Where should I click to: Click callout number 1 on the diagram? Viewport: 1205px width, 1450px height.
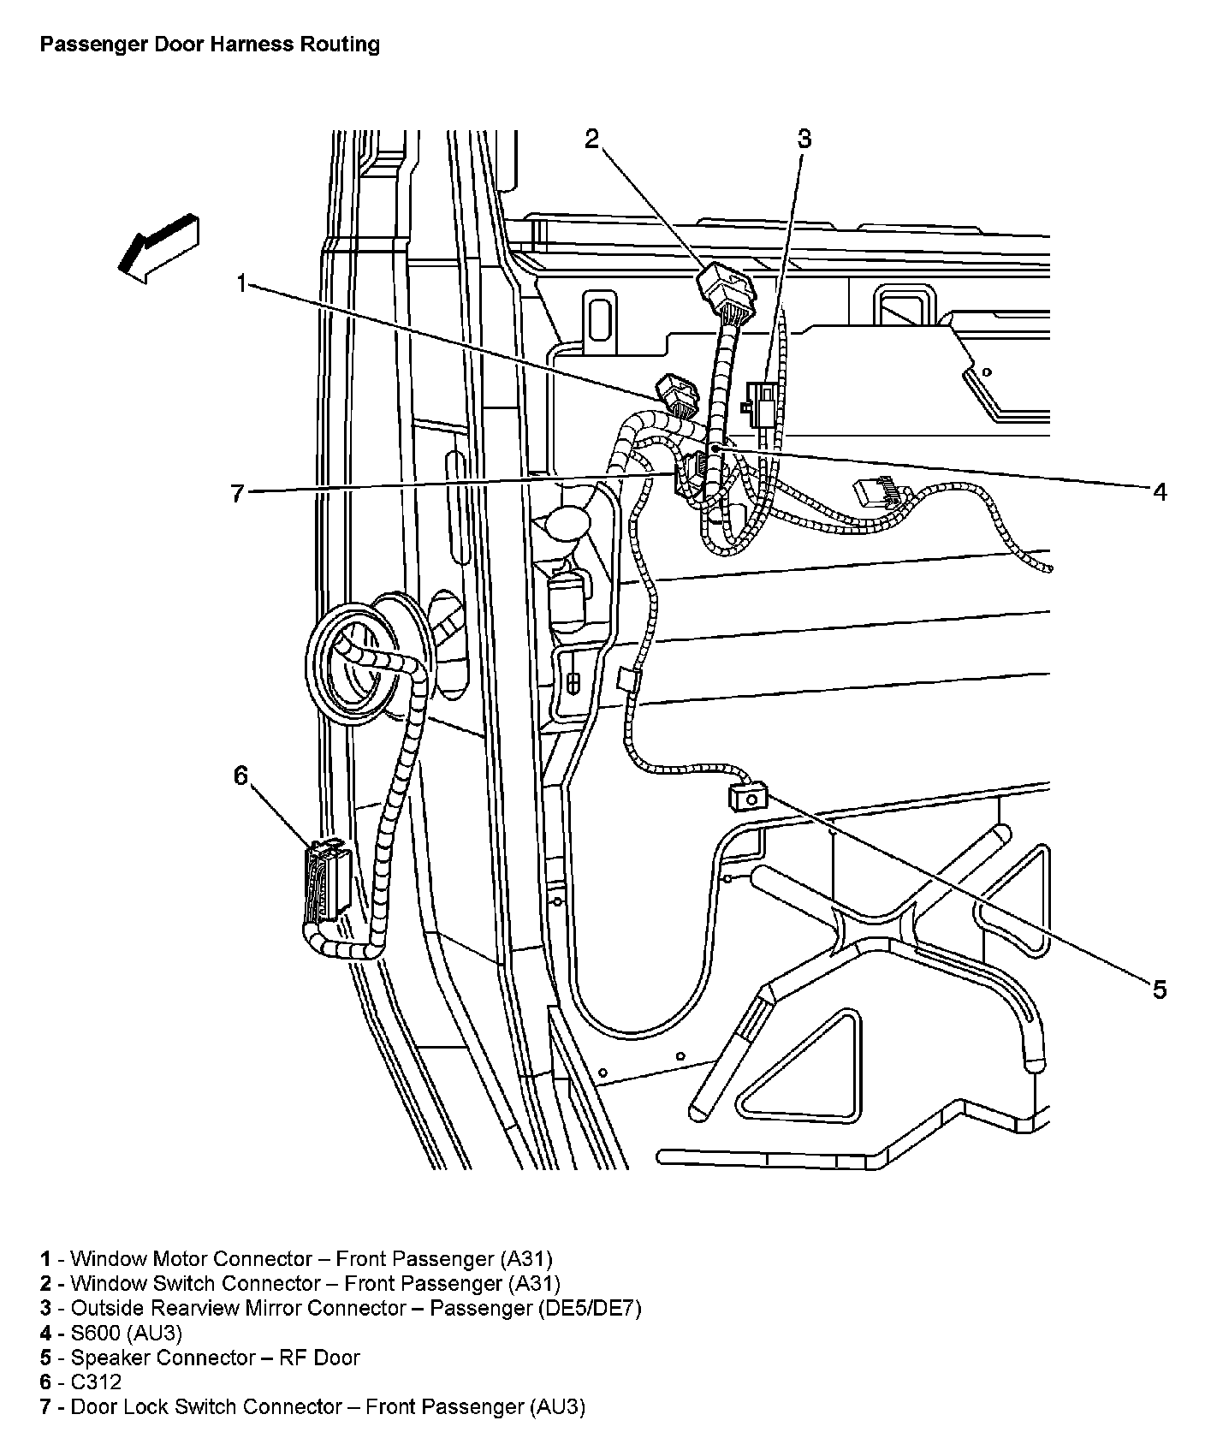(x=242, y=283)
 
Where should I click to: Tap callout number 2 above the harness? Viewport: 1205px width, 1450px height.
(x=592, y=140)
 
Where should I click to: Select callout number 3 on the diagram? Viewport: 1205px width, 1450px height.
(x=804, y=140)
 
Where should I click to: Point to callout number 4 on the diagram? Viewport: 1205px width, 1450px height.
(x=1160, y=491)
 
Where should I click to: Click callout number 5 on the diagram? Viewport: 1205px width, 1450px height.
(x=1159, y=990)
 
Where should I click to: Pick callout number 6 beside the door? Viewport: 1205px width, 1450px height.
(x=240, y=776)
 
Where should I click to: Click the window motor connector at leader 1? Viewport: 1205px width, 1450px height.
(x=677, y=395)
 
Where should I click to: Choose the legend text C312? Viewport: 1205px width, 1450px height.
(x=96, y=1382)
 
